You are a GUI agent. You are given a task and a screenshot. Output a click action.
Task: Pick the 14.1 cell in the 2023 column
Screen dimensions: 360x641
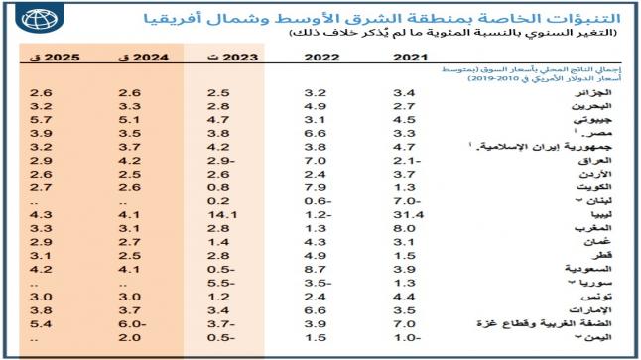pos(220,213)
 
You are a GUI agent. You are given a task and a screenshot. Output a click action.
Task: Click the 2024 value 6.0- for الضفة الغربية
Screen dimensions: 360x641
pos(130,323)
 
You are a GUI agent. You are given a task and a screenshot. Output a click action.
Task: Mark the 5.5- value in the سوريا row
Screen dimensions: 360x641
pos(220,283)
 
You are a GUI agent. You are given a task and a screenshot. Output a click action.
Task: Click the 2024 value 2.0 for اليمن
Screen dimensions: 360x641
pos(130,337)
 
